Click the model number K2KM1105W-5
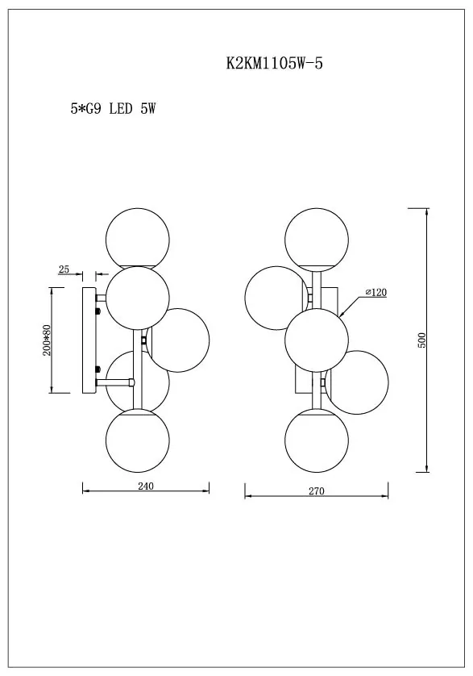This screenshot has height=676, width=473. [275, 64]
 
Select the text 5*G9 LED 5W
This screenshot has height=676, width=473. [113, 109]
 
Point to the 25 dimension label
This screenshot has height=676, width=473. [64, 269]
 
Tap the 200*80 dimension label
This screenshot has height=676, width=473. [47, 340]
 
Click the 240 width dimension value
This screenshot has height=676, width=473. [146, 486]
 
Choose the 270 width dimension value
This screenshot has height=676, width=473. [316, 491]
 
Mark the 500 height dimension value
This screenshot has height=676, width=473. [421, 340]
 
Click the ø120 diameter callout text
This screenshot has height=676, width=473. [376, 292]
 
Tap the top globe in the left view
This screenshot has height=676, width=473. [138, 240]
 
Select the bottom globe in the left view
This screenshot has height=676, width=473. [138, 440]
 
